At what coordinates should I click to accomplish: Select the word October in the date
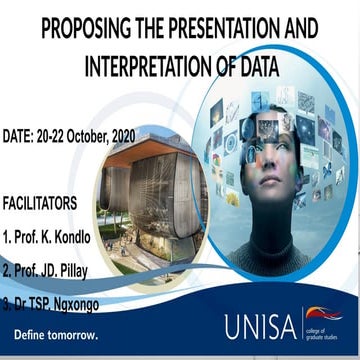coord(103,134)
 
